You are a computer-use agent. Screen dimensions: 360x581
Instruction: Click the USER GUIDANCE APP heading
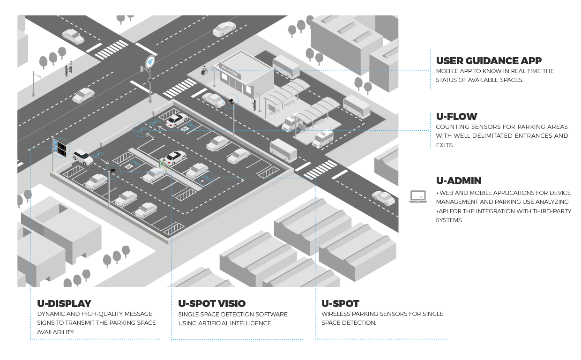[x=489, y=61]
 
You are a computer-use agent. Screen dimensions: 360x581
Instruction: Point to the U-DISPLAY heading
[x=64, y=304]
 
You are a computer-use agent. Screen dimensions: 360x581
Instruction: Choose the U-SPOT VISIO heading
[x=212, y=304]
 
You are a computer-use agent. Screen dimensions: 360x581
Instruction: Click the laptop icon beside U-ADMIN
[x=417, y=196]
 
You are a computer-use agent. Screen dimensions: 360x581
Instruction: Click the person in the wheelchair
[x=204, y=71]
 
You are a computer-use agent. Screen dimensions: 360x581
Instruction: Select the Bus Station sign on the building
[x=230, y=72]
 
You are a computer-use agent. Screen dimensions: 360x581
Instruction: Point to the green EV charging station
[x=162, y=163]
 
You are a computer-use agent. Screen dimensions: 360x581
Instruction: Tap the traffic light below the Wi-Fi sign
[x=142, y=69]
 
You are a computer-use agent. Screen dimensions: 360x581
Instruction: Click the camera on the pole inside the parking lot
[x=112, y=171]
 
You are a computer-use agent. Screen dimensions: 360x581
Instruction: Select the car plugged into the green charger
[x=174, y=157]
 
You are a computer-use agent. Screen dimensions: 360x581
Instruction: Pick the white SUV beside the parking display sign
[x=83, y=157]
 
